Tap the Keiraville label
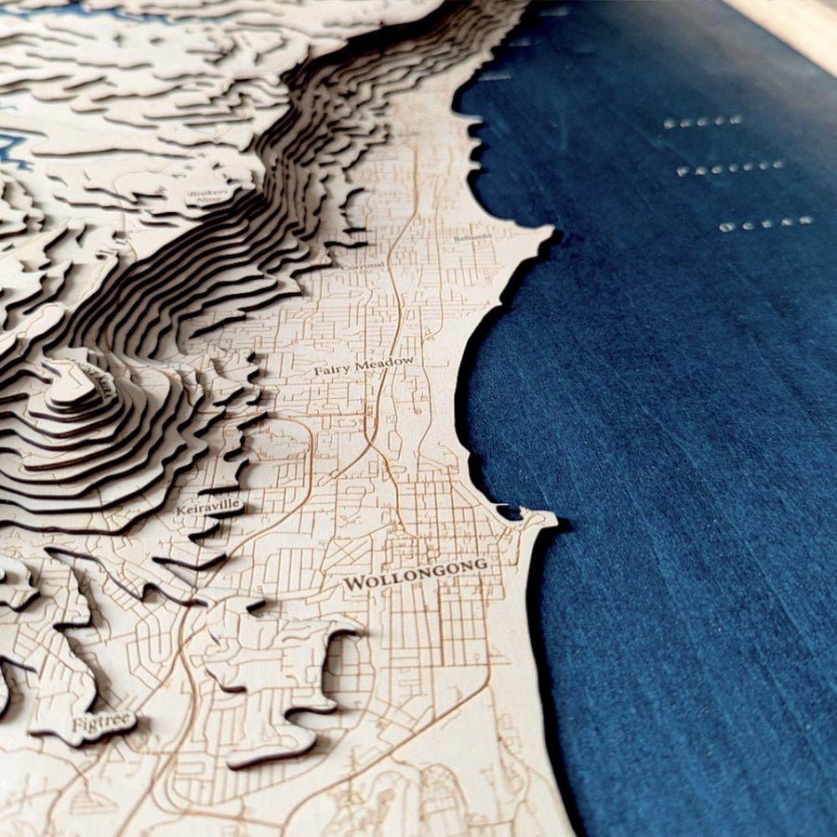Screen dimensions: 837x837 point(210,507)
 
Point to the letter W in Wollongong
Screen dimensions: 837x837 point(353,584)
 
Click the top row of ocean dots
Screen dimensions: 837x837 point(704,121)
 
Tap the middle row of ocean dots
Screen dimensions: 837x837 point(730,168)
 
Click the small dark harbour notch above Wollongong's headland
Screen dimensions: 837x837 point(508,511)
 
